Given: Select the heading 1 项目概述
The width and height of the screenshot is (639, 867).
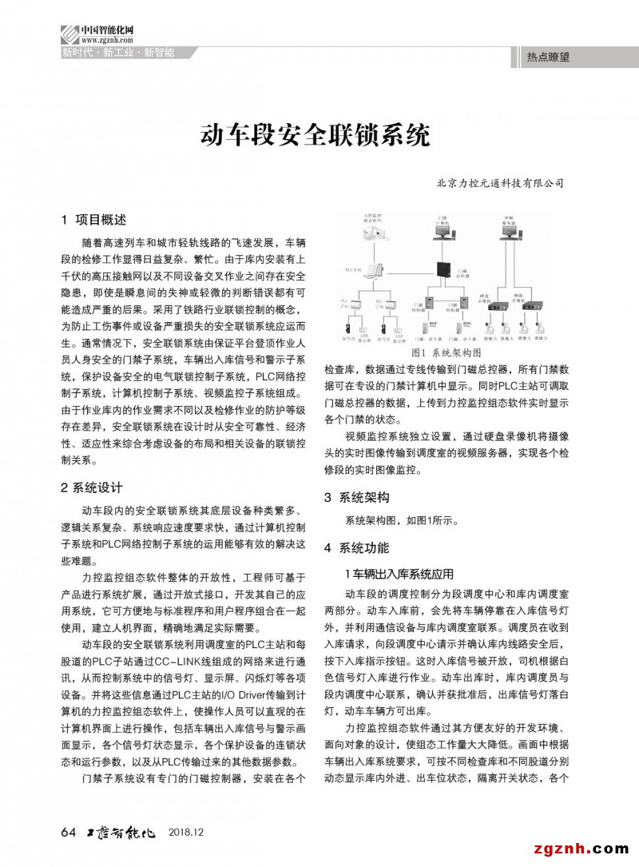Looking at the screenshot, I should click(x=93, y=219).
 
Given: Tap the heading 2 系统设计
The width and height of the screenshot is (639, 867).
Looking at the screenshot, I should click(x=92, y=487).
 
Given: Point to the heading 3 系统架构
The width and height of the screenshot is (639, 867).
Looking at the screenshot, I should click(x=357, y=497).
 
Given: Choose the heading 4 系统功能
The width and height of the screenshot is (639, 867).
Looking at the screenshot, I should click(x=357, y=548).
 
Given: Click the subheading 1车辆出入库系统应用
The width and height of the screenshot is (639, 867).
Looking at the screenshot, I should click(x=399, y=574).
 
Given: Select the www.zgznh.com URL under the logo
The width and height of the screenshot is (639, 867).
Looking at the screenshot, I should click(x=106, y=38).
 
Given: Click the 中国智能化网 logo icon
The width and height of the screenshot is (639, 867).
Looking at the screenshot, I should click(x=69, y=34).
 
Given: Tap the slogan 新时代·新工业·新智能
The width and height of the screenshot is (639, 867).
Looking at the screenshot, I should click(x=117, y=54).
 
